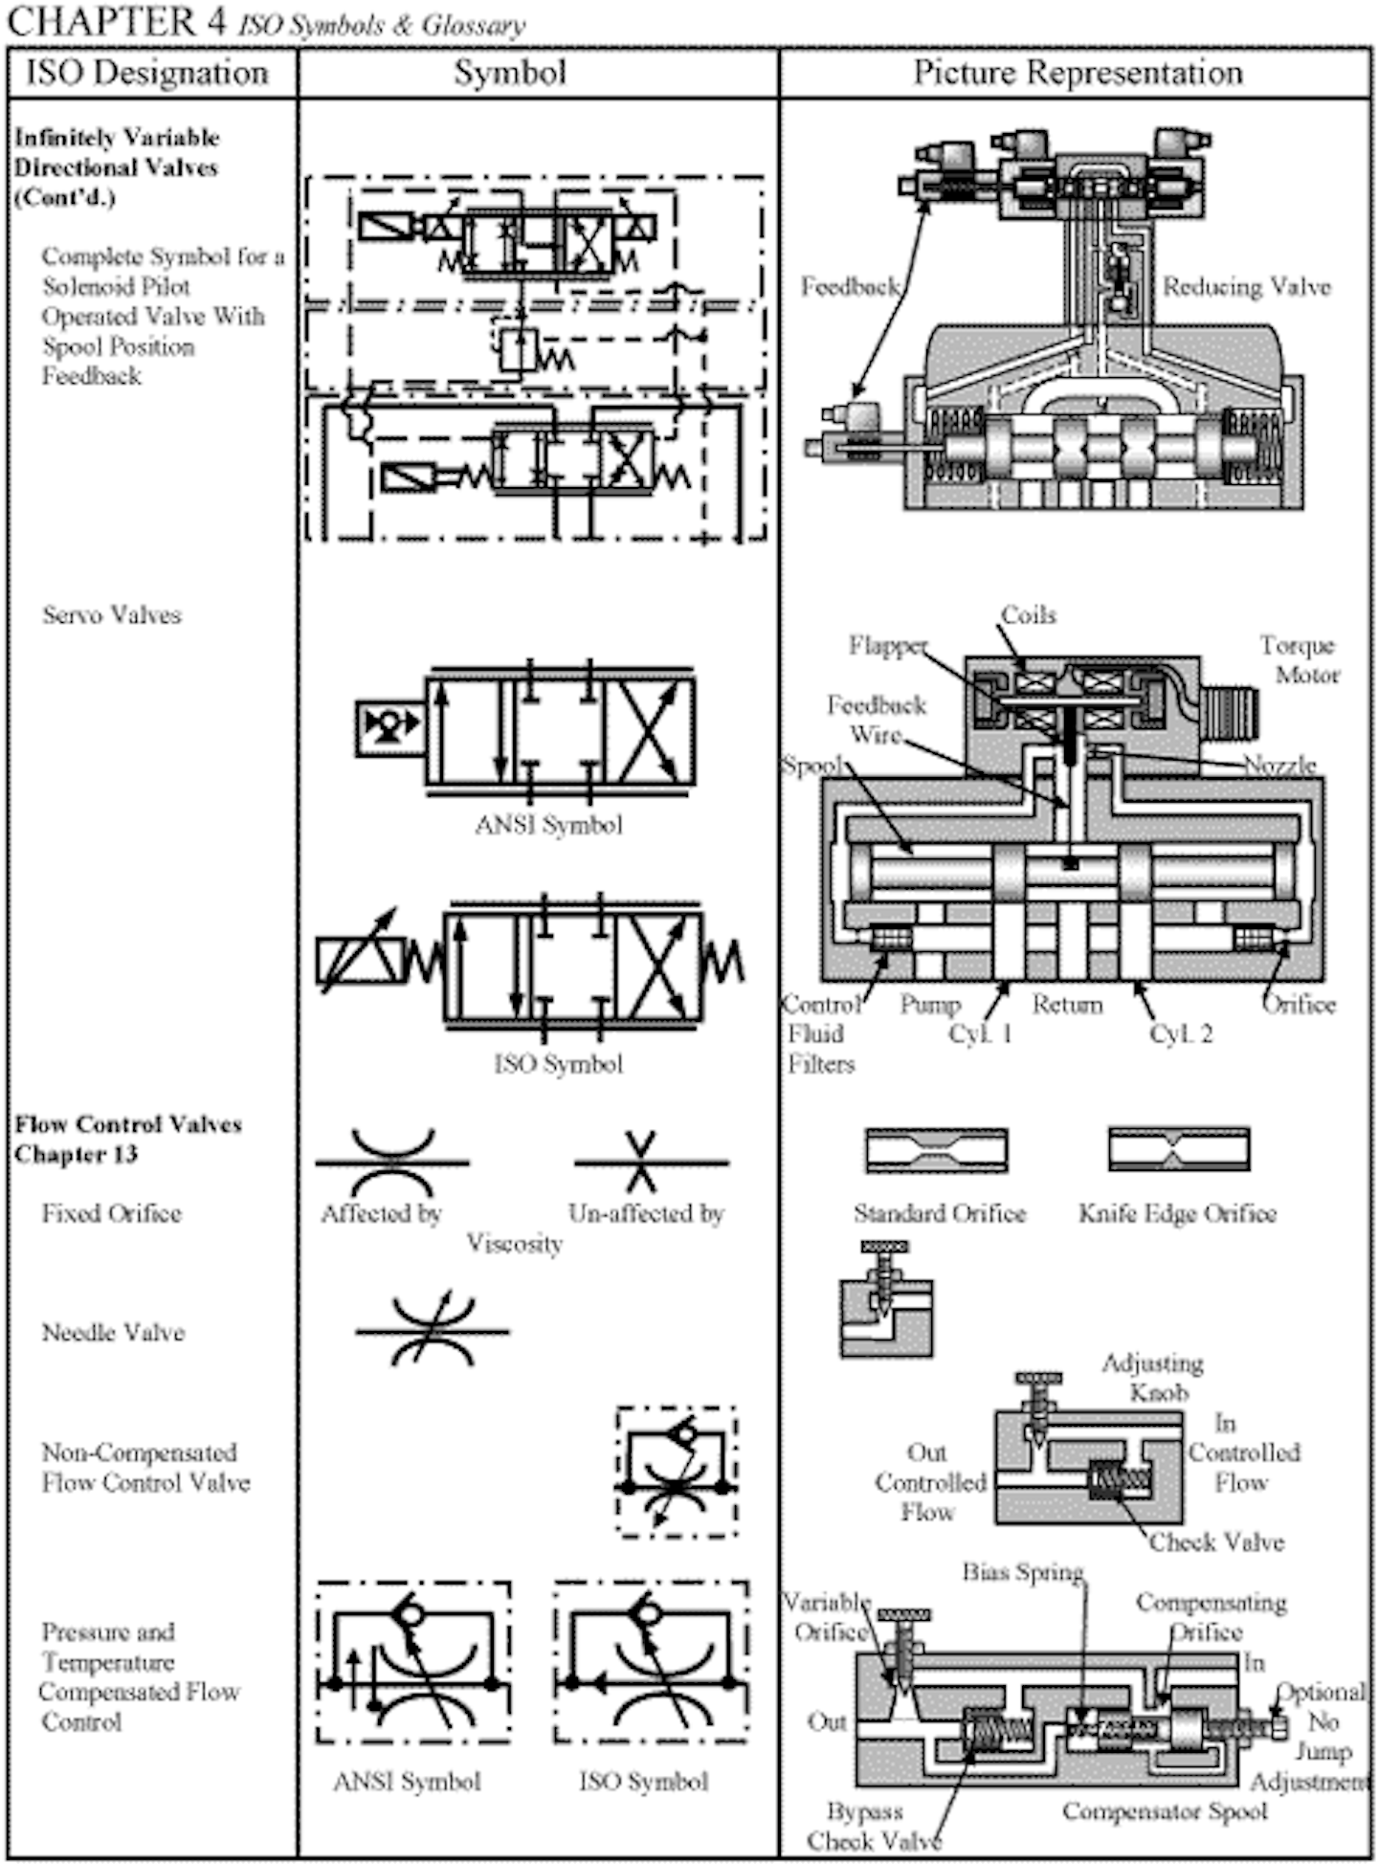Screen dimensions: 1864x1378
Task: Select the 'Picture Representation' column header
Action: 1077,73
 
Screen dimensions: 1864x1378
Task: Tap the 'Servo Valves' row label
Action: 111,614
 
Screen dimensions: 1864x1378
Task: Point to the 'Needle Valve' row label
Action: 113,1332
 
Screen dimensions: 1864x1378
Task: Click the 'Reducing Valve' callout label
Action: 1246,286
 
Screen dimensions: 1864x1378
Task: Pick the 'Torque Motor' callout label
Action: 1299,659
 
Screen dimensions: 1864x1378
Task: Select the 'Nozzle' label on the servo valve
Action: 1279,765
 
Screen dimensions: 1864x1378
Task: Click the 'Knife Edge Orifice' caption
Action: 1177,1213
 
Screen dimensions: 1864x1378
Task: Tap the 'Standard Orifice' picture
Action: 936,1150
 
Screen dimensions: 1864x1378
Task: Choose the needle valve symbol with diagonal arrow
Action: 433,1330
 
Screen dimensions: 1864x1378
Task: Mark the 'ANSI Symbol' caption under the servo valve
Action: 548,825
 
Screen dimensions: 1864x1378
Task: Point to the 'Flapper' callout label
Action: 887,646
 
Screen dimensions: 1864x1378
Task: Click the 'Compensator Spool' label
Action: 1164,1810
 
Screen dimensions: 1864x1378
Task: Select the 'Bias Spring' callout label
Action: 1022,1571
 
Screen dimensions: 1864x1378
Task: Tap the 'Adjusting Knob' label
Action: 1152,1377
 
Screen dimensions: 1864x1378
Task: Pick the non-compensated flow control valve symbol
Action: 677,1472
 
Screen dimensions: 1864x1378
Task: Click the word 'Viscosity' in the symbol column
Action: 514,1243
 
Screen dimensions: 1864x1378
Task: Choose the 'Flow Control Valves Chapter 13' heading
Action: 127,1139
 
